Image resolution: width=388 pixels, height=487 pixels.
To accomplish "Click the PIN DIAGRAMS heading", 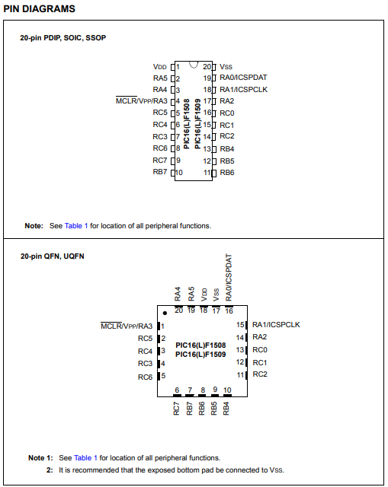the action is [x=39, y=8].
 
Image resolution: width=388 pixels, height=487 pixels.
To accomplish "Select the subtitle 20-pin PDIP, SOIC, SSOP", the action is [x=63, y=38].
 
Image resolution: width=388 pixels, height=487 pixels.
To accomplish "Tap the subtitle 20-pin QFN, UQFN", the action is [x=53, y=256].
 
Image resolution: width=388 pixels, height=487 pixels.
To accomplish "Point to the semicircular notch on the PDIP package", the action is [x=194, y=65].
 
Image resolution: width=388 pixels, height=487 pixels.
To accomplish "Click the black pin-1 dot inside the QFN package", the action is [x=165, y=313].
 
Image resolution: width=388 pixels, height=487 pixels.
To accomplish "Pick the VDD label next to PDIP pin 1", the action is [x=160, y=67].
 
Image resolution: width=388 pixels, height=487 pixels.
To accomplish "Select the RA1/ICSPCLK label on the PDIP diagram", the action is [x=243, y=90].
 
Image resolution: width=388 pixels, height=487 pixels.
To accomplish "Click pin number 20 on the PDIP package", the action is [x=207, y=67].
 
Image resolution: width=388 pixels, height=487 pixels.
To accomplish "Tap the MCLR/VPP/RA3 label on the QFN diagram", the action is [x=127, y=326].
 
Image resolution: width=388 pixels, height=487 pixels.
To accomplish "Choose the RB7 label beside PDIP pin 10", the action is [x=160, y=172].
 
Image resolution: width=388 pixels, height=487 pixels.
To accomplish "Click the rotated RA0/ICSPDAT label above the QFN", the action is [x=229, y=277].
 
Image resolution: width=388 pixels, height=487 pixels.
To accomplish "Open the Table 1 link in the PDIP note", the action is [x=76, y=226].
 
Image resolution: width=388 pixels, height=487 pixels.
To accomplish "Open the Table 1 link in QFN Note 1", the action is [x=85, y=458].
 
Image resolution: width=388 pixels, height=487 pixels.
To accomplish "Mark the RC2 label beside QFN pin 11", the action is [x=260, y=374].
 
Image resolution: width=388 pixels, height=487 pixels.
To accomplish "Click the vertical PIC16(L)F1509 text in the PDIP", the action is [x=197, y=123].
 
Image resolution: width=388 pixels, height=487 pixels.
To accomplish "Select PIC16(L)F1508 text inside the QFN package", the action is [x=200, y=345].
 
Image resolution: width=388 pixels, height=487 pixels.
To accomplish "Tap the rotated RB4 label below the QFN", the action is [x=226, y=409].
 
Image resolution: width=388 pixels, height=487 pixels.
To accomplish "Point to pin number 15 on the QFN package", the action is [x=240, y=325].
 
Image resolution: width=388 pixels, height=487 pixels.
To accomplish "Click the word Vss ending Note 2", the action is [x=277, y=470].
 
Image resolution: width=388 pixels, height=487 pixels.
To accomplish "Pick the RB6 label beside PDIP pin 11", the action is [x=227, y=173].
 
